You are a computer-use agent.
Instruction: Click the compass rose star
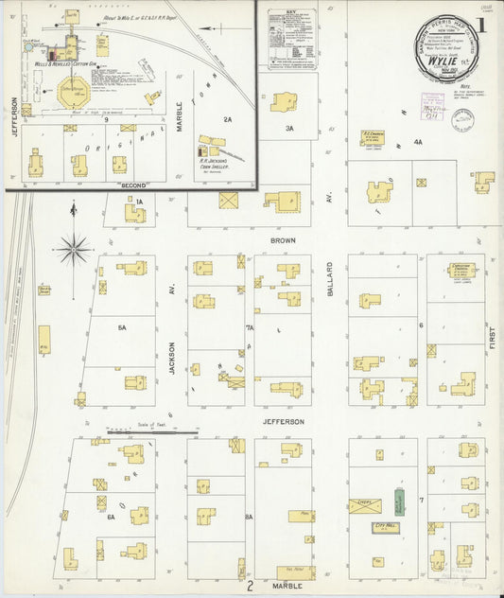point(73,251)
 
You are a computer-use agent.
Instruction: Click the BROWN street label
point(283,241)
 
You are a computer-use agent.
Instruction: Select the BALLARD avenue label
point(330,280)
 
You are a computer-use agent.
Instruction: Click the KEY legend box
point(289,38)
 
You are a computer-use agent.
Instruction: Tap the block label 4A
point(417,142)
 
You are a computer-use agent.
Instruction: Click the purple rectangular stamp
point(462,117)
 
